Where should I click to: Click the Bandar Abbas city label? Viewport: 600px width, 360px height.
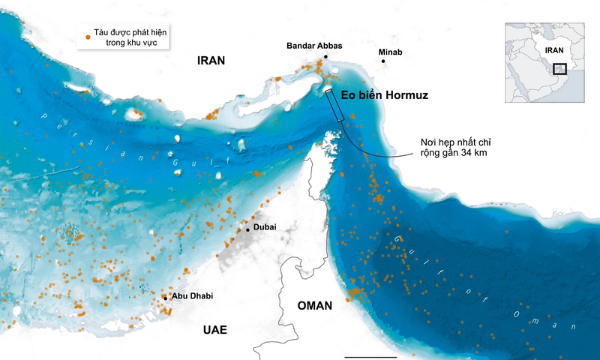click(x=314, y=46)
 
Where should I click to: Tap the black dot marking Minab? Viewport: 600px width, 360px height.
click(x=384, y=61)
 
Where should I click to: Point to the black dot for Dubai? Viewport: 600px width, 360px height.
click(x=248, y=229)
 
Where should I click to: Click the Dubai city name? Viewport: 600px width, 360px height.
click(x=265, y=226)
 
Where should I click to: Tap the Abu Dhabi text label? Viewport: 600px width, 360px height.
click(x=192, y=296)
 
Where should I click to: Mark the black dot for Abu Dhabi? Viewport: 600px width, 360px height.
click(x=166, y=298)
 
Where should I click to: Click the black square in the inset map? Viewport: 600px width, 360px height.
click(x=559, y=69)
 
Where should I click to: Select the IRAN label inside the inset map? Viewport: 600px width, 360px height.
click(x=553, y=50)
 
